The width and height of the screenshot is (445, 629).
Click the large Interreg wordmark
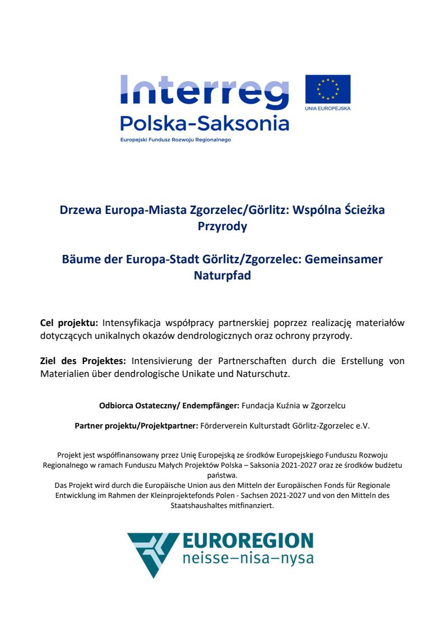coord(205,92)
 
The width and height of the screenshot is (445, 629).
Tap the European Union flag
coord(327,89)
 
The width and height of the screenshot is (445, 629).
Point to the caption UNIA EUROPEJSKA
coord(328,108)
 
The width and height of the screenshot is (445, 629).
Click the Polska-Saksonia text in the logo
coord(205,123)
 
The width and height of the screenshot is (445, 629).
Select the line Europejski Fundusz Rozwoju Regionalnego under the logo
coord(175,139)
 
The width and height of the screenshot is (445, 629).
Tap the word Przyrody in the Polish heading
coord(222,226)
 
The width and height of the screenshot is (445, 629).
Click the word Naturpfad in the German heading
coord(222,276)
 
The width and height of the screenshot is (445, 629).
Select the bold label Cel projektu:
coord(69,323)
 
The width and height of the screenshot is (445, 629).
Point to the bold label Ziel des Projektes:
coord(78,361)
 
